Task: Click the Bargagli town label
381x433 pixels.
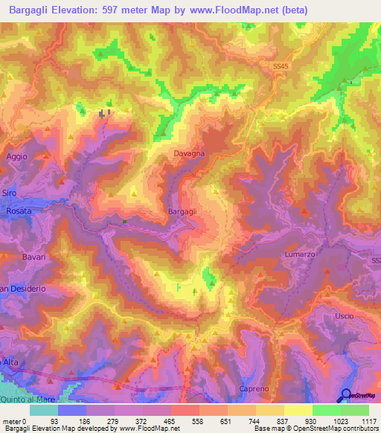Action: click(x=182, y=212)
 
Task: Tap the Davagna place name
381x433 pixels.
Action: click(x=189, y=153)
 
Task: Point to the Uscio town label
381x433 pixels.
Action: click(x=344, y=316)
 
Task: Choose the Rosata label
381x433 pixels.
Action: click(x=18, y=211)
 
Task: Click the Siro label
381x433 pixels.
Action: click(x=8, y=193)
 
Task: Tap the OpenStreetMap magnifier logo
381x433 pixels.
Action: click(x=346, y=395)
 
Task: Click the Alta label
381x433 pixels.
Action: click(x=9, y=361)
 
